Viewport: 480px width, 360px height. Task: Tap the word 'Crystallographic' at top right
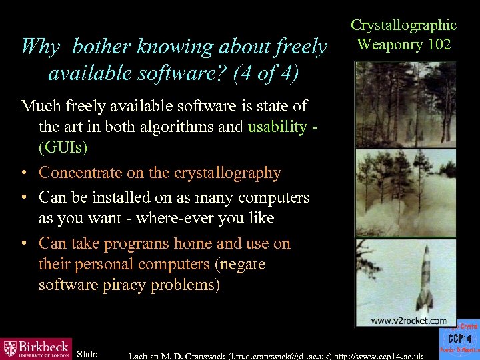coord(403,25)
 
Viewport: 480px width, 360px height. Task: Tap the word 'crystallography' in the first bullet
coord(227,173)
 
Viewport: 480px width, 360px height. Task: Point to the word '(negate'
coord(240,264)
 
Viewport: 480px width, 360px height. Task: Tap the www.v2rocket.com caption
coord(408,321)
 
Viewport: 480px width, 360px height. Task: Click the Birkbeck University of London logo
coord(36,348)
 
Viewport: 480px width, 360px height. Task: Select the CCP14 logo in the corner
coord(458,341)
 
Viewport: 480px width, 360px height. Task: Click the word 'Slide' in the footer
coord(87,354)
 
